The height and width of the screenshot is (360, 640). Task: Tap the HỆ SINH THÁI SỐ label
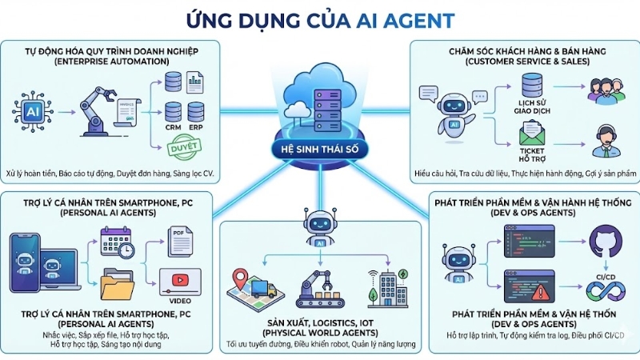click(x=320, y=153)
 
